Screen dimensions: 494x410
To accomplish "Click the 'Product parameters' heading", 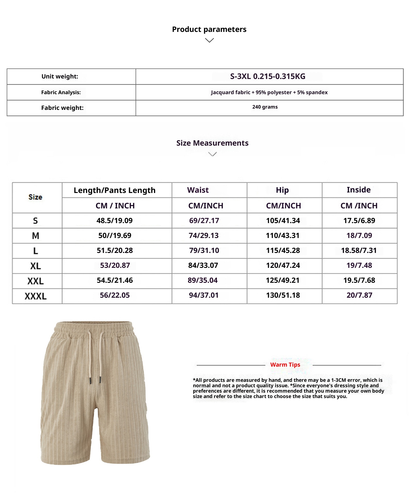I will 209,29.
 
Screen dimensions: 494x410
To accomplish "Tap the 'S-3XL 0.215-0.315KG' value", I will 268,76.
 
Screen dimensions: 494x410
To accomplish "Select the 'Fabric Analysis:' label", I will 61,92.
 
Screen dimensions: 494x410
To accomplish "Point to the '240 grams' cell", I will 265,107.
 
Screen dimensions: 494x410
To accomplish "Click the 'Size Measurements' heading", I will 212,143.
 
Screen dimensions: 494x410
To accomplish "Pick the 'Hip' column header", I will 282,190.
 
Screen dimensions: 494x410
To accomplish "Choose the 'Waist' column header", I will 198,190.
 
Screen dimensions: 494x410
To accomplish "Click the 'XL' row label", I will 36,266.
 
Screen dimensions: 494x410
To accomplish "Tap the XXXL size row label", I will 36,296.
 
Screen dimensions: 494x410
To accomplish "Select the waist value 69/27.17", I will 204,220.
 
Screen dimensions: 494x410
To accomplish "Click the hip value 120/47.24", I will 283,265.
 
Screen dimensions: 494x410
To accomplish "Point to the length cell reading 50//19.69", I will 115,235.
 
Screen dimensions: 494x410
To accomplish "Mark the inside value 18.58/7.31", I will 359,250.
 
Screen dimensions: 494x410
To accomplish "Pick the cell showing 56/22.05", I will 115,295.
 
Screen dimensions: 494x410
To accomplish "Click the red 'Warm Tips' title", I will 285,365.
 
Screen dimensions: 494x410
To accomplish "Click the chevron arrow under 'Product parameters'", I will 209,40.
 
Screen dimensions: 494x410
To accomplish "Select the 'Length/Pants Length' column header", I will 115,190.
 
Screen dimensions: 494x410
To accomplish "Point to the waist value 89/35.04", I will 202,280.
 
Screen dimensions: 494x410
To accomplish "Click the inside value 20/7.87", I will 359,295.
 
